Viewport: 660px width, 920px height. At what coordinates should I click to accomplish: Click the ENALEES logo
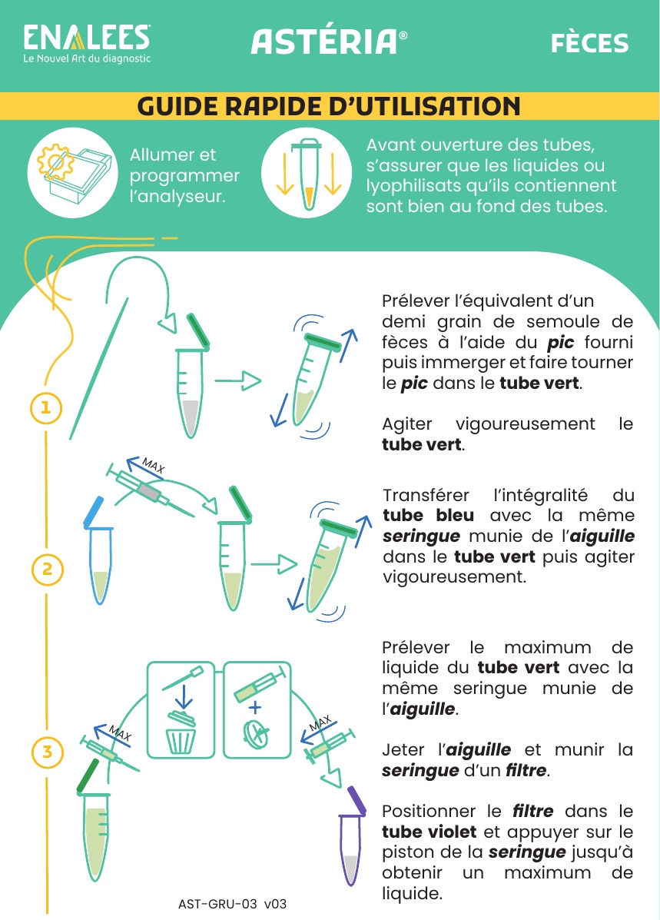coord(87,43)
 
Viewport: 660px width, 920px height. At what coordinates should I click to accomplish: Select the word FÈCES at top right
coord(589,43)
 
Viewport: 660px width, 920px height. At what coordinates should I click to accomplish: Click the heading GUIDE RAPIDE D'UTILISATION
coord(329,106)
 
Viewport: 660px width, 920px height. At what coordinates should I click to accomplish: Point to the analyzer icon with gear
coord(73,173)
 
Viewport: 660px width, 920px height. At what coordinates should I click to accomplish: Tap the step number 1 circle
coord(46,407)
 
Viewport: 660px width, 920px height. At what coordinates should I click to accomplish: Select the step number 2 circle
coord(47,569)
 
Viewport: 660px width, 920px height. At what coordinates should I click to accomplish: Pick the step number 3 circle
coord(47,752)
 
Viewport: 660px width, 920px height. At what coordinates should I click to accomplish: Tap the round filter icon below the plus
coord(257,734)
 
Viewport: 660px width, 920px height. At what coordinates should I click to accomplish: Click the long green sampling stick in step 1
coord(98,368)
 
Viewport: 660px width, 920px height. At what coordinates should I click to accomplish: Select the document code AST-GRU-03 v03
coord(232,904)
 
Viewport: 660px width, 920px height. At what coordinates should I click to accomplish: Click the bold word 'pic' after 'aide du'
coord(560,343)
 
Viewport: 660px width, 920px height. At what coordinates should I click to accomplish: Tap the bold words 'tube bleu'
coord(428,515)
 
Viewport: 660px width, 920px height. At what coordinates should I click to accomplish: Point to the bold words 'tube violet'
coord(429,832)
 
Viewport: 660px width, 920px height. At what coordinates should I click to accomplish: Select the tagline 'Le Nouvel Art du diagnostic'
coord(87,58)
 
